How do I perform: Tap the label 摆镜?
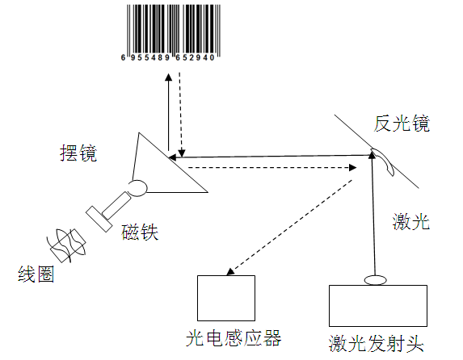pos(78,153)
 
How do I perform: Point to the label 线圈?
pos(36,274)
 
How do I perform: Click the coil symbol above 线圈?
pos(65,242)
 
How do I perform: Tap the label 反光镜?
pos(402,124)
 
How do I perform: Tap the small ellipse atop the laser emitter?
pos(377,280)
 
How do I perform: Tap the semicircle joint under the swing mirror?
pos(138,187)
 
